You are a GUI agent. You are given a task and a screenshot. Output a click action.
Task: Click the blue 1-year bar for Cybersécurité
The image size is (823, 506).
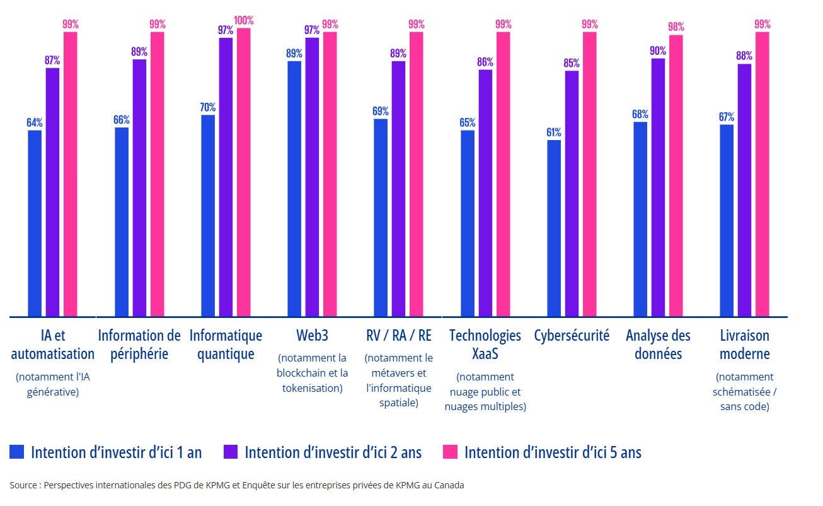[x=554, y=228]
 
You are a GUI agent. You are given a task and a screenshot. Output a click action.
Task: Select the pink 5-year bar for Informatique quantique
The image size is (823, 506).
[x=244, y=172]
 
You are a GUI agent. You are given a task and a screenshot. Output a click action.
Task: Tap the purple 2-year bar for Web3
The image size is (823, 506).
[x=312, y=177]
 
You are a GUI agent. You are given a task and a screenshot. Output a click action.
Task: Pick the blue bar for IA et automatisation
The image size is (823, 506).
[x=35, y=223]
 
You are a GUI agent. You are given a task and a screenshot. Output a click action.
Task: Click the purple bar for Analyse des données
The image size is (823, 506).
[x=658, y=187]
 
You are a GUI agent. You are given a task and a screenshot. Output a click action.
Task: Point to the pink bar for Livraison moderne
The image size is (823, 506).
[x=763, y=174]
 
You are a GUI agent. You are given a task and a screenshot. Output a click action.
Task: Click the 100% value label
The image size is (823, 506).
[x=243, y=20]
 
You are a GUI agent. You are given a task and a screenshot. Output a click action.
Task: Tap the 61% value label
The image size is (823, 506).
[x=554, y=132]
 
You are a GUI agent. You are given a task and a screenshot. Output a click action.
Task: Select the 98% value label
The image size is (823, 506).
[x=676, y=27]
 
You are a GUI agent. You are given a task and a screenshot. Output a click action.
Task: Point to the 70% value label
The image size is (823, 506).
[x=208, y=107]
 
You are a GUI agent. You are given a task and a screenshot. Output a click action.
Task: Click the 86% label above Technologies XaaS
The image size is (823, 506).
[x=485, y=62]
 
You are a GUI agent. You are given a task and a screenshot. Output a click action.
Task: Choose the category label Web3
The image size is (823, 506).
[x=312, y=335]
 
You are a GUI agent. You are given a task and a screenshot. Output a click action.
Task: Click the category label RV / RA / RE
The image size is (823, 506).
[x=398, y=335]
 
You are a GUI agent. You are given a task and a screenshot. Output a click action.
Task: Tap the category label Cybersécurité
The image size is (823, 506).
[x=572, y=335]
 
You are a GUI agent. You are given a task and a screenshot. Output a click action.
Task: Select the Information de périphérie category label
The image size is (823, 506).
[x=139, y=344]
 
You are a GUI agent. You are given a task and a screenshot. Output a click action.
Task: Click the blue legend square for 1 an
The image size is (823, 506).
[x=17, y=452]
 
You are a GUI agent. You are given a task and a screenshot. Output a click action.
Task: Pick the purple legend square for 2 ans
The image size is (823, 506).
[x=230, y=452]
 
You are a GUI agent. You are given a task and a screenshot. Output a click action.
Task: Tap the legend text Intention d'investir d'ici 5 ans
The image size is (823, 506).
[x=553, y=452]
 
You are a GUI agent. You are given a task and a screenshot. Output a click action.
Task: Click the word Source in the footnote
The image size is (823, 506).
[x=23, y=485]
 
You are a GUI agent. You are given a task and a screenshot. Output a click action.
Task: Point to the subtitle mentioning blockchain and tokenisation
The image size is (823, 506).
[x=312, y=373]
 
